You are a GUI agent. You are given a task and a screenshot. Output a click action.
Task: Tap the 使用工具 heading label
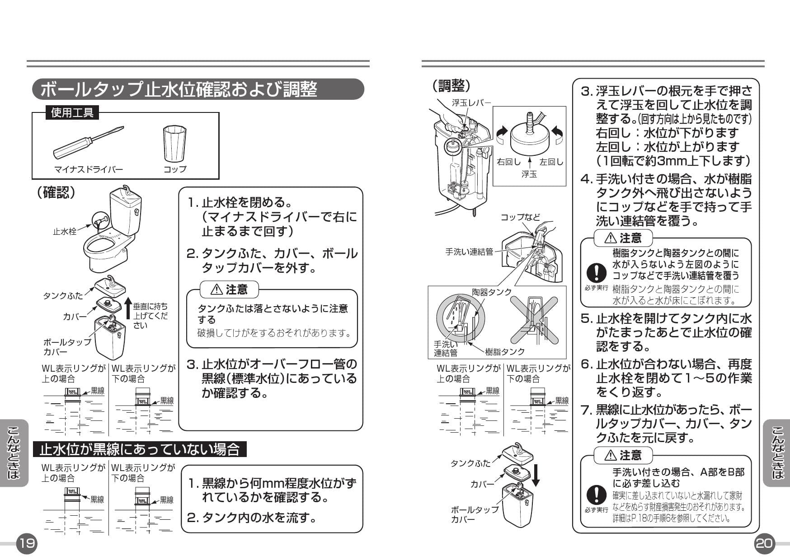tap(72, 112)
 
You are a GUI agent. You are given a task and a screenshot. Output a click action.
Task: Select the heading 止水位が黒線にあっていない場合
tap(139, 450)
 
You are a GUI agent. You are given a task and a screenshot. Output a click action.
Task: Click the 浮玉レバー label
tap(471, 103)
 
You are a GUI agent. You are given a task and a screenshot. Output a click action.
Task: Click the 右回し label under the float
tap(508, 161)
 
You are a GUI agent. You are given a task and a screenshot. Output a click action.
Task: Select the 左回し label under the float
tap(551, 161)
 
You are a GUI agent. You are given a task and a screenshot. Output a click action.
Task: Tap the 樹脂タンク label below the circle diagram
tap(505, 351)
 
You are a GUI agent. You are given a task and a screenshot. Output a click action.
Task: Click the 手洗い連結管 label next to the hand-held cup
tap(469, 252)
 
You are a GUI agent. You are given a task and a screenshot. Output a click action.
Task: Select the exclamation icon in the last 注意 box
tap(597, 495)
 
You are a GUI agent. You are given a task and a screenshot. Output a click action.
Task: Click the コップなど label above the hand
tap(520, 217)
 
